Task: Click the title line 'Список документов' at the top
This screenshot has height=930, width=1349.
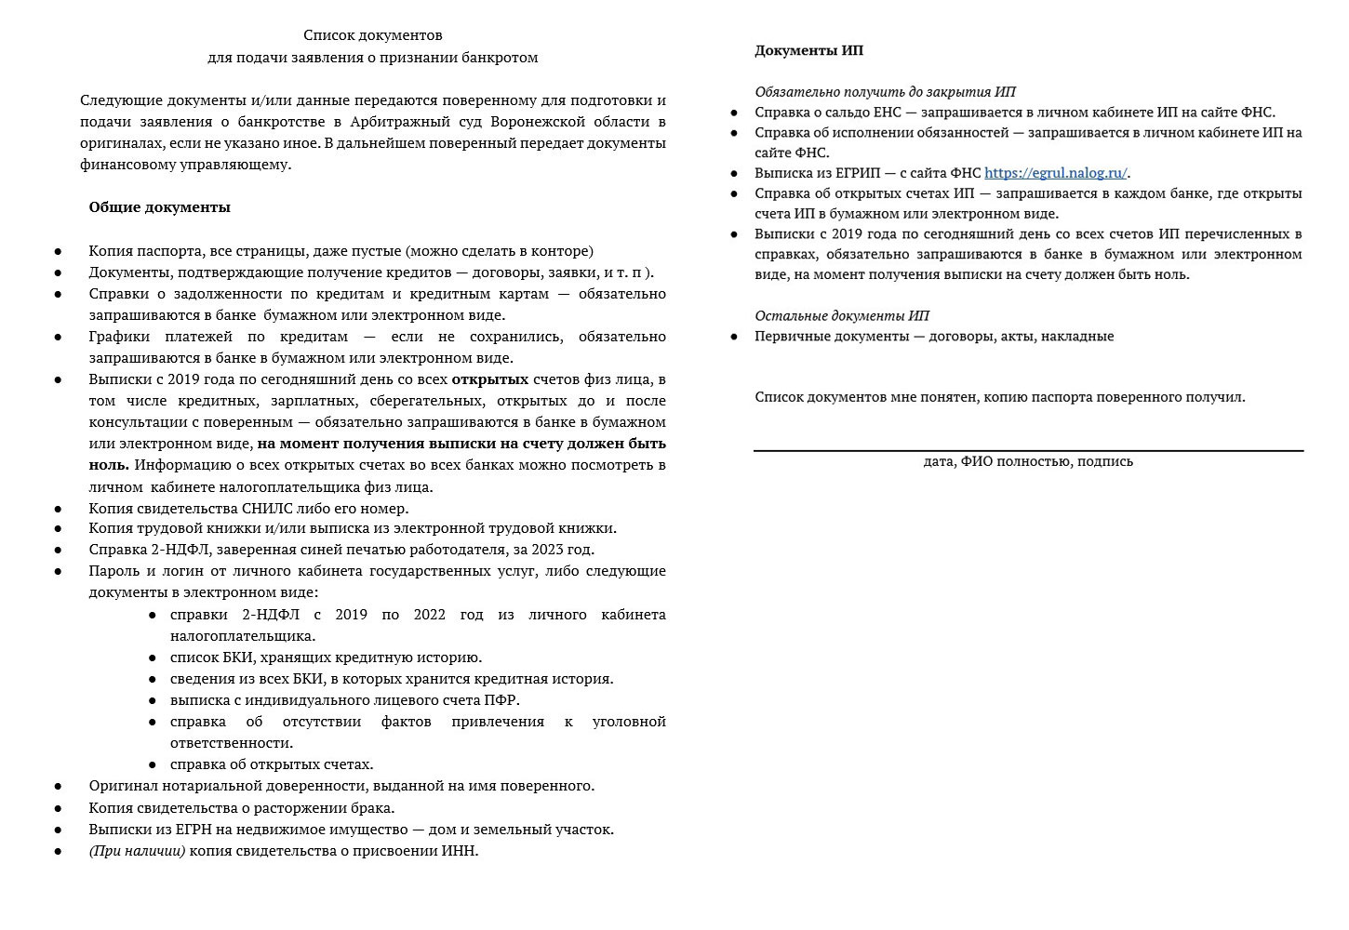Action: click(x=372, y=35)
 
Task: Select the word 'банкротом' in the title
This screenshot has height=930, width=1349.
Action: click(x=500, y=58)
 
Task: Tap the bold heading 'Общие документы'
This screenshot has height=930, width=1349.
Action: click(x=159, y=207)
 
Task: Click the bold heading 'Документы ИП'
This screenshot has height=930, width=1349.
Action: click(x=808, y=50)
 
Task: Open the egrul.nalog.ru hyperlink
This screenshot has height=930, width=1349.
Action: click(x=1055, y=173)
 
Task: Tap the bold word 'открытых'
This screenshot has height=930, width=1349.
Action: click(x=489, y=379)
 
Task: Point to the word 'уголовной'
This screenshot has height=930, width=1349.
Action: click(x=629, y=722)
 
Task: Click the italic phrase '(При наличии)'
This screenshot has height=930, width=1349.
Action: click(x=137, y=851)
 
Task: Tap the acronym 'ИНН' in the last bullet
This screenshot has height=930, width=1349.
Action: click(x=458, y=851)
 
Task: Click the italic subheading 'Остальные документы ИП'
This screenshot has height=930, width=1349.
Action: click(x=841, y=316)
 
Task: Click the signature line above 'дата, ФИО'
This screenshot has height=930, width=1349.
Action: click(x=1028, y=451)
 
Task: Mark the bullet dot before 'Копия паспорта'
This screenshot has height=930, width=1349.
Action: click(x=59, y=251)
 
